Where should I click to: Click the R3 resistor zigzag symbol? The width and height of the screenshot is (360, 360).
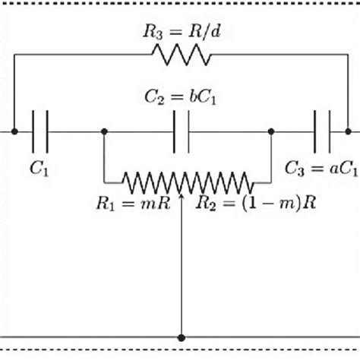click(x=181, y=55)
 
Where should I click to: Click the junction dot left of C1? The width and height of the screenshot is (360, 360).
click(x=14, y=131)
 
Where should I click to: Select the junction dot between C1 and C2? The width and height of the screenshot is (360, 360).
click(x=103, y=131)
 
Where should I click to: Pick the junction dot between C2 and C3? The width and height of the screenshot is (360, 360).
click(x=270, y=131)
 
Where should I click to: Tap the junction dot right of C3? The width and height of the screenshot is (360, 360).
click(x=347, y=131)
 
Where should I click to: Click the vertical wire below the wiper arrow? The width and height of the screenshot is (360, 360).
click(x=181, y=273)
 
